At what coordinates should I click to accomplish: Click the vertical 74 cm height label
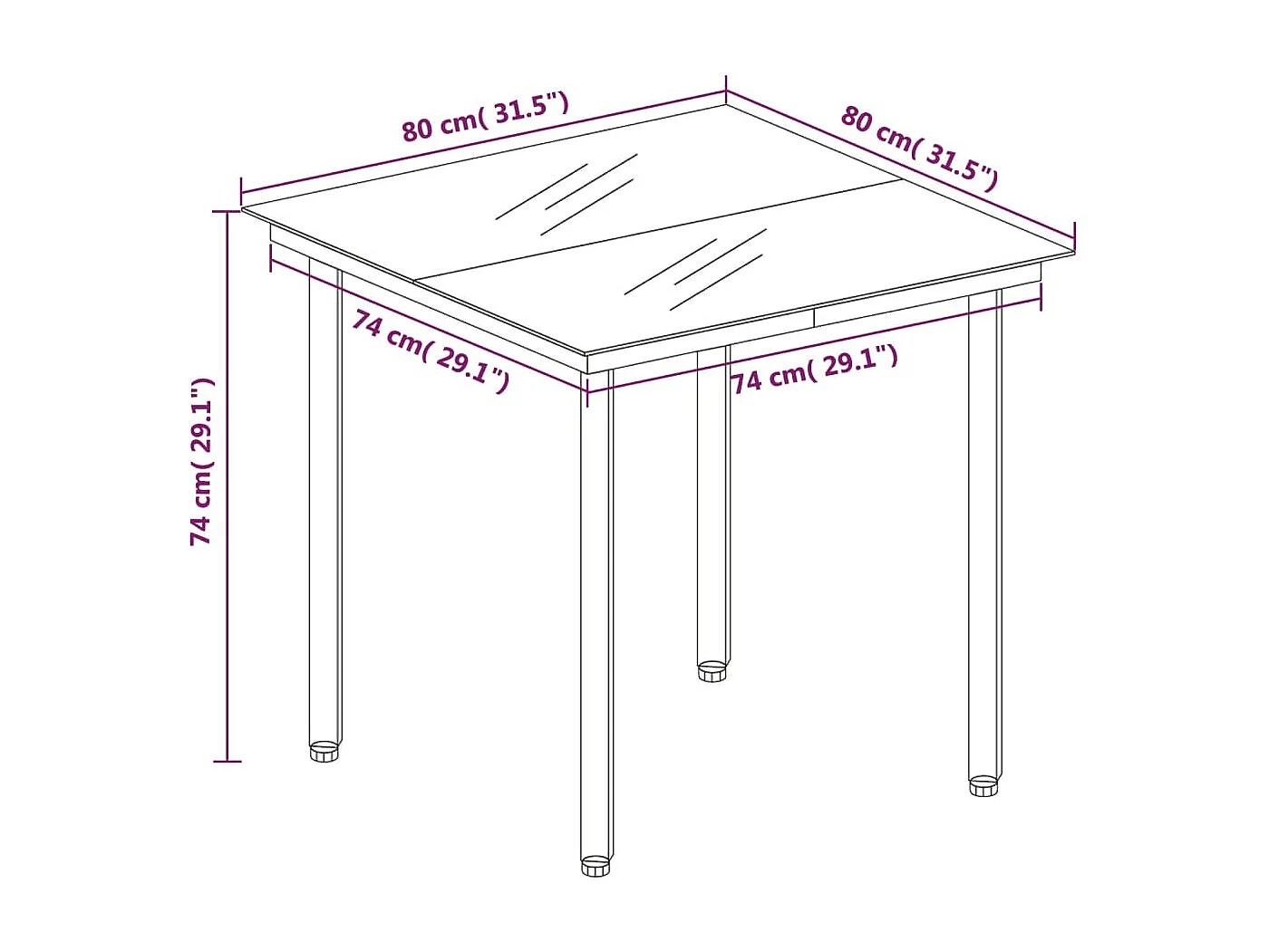coord(201,462)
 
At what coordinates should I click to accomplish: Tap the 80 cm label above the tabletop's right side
coord(919,149)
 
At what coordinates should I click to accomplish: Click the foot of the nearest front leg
coord(596,866)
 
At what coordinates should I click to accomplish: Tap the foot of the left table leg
coord(325,751)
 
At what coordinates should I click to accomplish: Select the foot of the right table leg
coord(983,785)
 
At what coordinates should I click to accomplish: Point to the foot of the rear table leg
coord(712,671)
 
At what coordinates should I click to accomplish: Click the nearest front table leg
coord(596,616)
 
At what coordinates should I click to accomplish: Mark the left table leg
coord(325,507)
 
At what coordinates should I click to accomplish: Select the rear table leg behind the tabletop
coord(713,507)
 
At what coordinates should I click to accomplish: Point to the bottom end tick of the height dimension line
coord(227,761)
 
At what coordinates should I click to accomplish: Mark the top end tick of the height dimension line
coord(227,211)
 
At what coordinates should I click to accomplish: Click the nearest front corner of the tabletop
coord(586,354)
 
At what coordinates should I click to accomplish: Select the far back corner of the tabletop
coord(725,103)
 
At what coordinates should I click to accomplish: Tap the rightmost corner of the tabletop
coord(1073,253)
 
